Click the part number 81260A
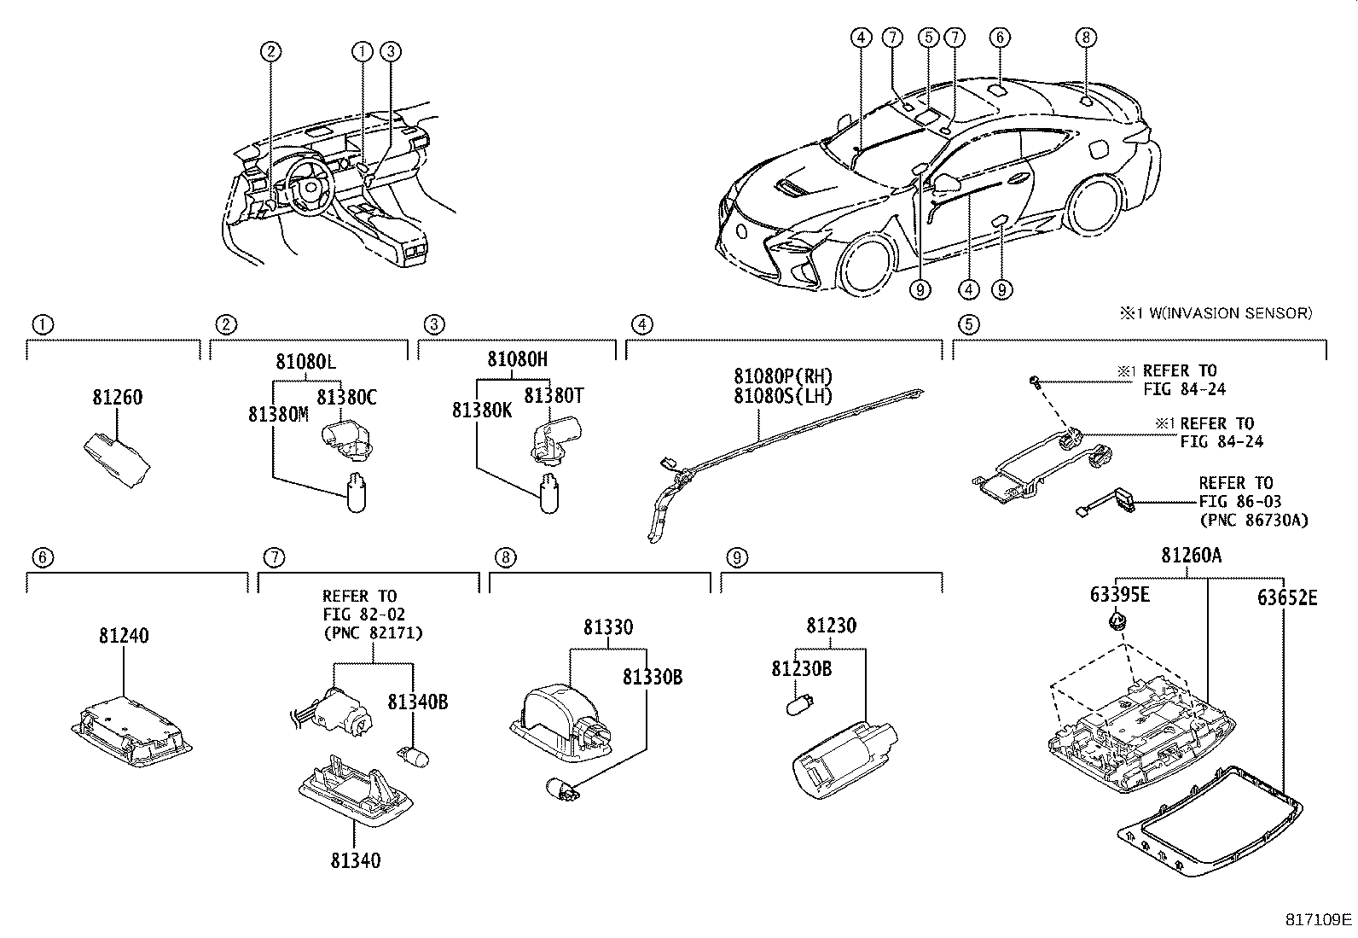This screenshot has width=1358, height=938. pos(1191,556)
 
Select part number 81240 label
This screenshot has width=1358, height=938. pos(124,636)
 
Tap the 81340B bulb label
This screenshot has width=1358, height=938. pos(418,702)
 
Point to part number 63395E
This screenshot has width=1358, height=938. pos(1119,594)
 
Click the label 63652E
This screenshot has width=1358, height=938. pos(1286,597)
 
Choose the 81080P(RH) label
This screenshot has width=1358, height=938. pos(782,376)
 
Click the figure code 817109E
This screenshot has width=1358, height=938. pos(1319,919)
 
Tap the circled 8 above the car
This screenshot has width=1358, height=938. pos(1085,37)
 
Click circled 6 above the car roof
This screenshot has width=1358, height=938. pos(1000,37)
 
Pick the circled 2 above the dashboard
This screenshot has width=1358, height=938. pos(270,51)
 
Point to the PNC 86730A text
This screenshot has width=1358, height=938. pos(1253,520)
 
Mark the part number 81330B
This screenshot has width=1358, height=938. pos(652,677)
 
